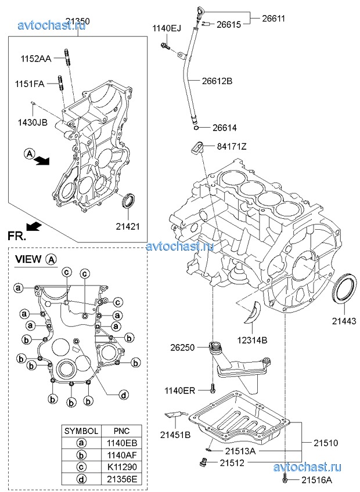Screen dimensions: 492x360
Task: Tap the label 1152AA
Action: (36, 59)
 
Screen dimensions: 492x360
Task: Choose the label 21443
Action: (345, 320)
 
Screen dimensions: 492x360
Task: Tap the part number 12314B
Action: (252, 340)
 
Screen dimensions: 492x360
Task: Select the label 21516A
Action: (317, 480)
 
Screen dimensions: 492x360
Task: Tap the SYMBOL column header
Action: (81, 432)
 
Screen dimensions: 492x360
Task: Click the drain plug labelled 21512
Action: (203, 462)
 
